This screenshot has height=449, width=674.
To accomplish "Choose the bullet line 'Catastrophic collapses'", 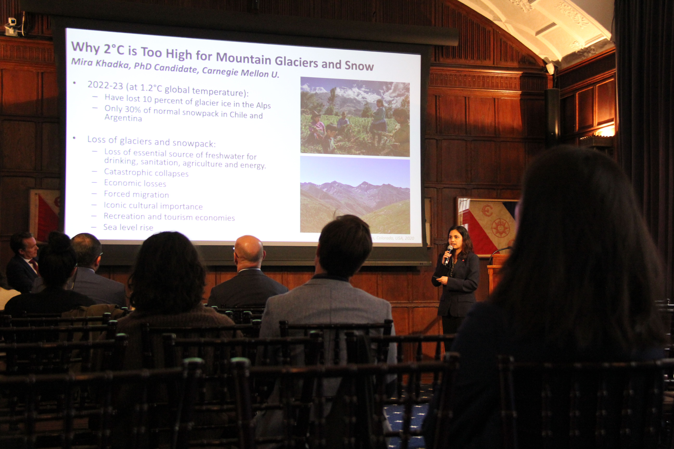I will (x=146, y=173).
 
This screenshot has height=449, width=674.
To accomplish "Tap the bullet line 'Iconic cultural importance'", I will (x=153, y=206).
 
